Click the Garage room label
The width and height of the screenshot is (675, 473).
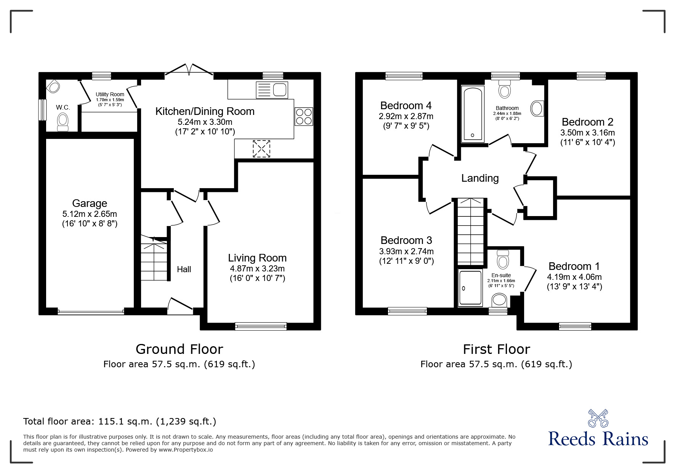tap(90, 203)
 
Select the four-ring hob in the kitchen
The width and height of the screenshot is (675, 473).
tap(304, 116)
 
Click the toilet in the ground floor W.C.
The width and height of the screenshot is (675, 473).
tap(63, 122)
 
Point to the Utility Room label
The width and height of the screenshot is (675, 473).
tap(110, 94)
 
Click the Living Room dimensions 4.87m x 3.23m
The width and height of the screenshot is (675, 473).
tap(257, 268)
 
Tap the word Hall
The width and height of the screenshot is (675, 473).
tap(184, 269)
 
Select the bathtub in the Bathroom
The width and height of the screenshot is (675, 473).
tap(473, 114)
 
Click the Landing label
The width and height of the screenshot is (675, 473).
tap(480, 178)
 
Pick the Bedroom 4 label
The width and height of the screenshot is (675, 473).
tap(406, 105)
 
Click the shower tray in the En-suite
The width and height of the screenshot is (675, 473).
tap(471, 288)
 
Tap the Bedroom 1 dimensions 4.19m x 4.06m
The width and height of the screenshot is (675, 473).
tap(574, 277)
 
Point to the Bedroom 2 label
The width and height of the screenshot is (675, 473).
tap(587, 122)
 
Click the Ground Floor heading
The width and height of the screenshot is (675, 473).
tap(179, 349)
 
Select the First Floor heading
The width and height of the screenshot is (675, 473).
tap(496, 349)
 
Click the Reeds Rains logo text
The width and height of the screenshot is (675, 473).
tap(598, 439)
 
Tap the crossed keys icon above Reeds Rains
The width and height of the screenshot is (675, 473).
tap(598, 418)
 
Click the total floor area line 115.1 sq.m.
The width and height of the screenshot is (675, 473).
tap(120, 421)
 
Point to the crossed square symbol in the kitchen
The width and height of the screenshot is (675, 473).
tap(261, 149)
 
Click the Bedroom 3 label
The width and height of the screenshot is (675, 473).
tap(406, 241)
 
